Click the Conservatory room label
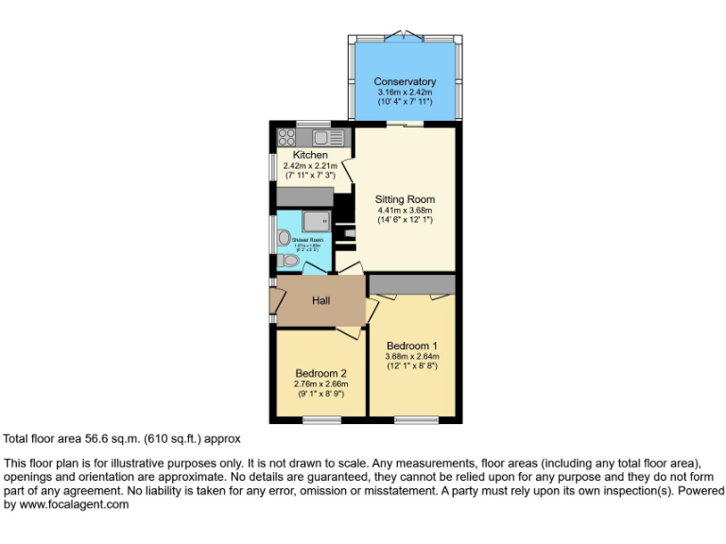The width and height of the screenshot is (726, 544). click(404, 81)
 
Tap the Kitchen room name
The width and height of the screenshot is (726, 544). click(310, 155)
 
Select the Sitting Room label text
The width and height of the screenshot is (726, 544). click(405, 199)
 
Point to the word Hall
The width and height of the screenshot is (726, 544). click(321, 300)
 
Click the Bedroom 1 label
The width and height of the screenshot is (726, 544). click(411, 345)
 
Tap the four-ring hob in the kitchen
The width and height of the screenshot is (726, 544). click(286, 138)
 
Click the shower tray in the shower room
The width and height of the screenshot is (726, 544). click(315, 222)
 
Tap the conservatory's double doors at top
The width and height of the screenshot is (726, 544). click(405, 36)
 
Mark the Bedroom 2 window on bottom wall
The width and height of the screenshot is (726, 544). click(321, 419)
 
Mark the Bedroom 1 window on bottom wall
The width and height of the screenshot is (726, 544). click(415, 419)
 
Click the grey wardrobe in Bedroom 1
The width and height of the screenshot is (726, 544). click(412, 284)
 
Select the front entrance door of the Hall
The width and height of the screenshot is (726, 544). click(275, 301)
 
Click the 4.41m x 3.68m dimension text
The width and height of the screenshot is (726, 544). click(405, 211)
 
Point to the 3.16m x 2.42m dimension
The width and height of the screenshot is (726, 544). click(404, 92)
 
